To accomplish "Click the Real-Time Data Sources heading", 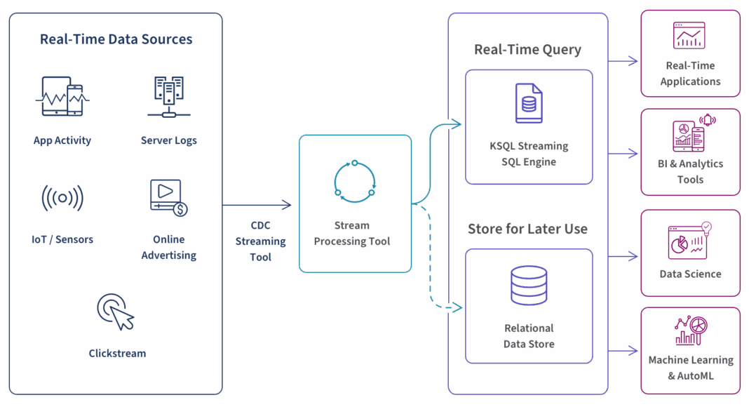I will point(116,39).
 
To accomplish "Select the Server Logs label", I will point(168,140).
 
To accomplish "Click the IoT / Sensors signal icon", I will point(62,198).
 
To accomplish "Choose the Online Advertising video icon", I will point(168,196).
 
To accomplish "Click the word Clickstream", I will point(117,353).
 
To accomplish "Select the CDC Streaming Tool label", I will point(260,241).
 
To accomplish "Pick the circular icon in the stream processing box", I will point(355,182).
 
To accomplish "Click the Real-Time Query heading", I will point(528,50).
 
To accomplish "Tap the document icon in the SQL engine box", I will point(528,104).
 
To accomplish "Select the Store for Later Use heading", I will point(528,229).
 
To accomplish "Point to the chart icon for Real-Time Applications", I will point(689,36).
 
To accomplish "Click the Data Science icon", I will point(689,240).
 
